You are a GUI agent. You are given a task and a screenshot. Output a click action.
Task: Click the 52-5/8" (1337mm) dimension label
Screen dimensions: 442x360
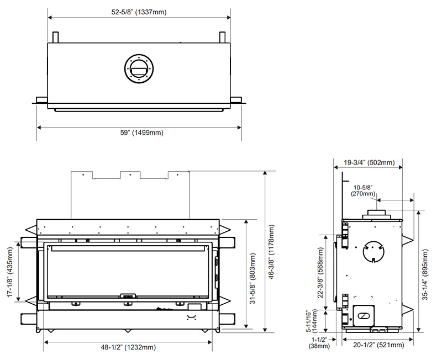click(139, 12)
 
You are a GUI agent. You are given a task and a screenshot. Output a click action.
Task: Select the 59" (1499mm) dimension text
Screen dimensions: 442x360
click(142, 133)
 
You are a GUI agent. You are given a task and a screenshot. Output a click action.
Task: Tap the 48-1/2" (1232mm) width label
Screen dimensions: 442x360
click(128, 347)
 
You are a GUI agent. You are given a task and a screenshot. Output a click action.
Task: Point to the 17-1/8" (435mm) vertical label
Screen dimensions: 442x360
click(10, 272)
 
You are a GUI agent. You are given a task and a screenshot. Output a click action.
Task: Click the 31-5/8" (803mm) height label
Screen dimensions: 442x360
click(253, 278)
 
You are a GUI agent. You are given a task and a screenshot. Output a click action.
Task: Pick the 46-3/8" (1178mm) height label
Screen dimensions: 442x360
click(271, 252)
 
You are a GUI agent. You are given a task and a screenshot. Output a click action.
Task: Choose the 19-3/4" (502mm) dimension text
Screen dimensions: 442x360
click(369, 162)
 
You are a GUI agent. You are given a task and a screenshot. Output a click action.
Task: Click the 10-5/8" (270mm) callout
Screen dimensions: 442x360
click(363, 190)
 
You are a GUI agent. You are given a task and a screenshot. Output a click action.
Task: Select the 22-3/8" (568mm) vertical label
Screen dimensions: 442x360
click(321, 273)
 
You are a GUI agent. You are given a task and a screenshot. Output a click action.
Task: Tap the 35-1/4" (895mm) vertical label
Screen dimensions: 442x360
click(425, 274)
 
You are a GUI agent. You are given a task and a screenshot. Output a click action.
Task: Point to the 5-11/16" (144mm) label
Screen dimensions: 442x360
click(312, 321)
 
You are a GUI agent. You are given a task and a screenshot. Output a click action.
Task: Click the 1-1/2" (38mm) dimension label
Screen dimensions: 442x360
click(319, 343)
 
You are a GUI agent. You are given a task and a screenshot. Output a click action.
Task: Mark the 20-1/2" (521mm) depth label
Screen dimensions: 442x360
click(378, 345)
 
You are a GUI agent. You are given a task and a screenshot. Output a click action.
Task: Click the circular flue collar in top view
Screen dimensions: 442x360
click(139, 68)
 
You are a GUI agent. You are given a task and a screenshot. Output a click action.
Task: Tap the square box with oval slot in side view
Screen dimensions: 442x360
click(364, 316)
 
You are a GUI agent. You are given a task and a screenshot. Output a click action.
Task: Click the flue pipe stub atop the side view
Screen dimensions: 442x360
click(376, 215)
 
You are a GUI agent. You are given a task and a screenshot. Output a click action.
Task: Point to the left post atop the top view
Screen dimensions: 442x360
click(56, 37)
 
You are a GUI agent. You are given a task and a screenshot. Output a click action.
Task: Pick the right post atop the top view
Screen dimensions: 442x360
click(223, 37)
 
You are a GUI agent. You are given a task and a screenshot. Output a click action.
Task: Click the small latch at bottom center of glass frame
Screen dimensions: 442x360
click(128, 296)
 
